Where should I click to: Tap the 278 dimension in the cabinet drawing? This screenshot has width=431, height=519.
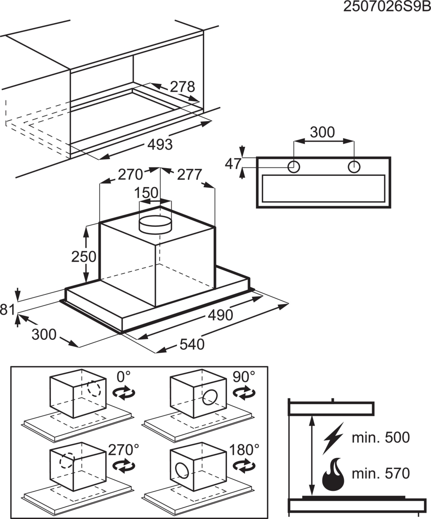point(182,87)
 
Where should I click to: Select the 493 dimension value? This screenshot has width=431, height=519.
point(160,145)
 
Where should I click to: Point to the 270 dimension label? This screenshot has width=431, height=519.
point(130,174)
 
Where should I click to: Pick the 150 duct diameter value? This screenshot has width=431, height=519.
point(146,193)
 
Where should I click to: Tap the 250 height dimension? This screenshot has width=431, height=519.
point(84,256)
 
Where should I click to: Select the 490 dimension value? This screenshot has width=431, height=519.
point(220,315)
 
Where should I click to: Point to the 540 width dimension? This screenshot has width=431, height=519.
point(192,344)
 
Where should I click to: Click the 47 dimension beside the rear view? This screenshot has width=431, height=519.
point(233,164)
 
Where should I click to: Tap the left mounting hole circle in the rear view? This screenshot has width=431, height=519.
point(294,167)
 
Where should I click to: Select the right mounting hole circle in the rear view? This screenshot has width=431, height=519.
point(354,167)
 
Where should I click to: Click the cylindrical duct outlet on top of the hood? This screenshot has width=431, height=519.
point(155,225)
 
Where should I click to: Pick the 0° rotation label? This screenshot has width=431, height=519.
point(124,376)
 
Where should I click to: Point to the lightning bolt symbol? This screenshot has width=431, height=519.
point(333,437)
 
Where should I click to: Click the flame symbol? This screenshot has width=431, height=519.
point(333,474)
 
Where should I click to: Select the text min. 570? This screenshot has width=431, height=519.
point(380,474)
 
